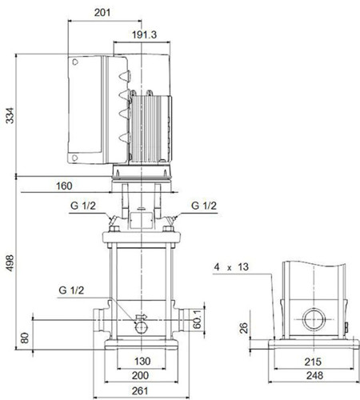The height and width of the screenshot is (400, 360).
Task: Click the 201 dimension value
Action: [x=102, y=13]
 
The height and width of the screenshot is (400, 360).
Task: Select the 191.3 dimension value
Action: [x=144, y=34]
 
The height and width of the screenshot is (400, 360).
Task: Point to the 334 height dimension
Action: [x=10, y=115]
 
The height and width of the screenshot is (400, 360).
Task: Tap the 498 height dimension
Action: [x=10, y=263]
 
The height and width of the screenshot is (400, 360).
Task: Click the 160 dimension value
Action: [x=64, y=186]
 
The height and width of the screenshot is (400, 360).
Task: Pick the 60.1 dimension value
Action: [x=198, y=319]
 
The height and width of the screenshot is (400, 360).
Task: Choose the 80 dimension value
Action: [x=25, y=338]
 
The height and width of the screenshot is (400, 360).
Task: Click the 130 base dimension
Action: [x=142, y=362]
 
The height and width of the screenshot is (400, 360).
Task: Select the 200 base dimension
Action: [x=140, y=375]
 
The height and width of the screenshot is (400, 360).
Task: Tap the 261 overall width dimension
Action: [x=140, y=391]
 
